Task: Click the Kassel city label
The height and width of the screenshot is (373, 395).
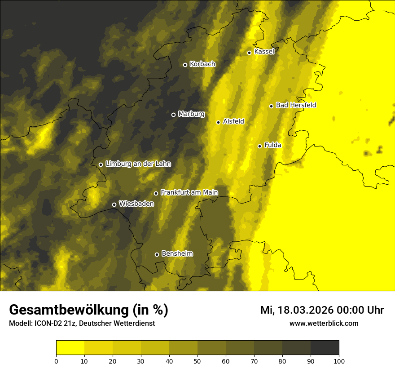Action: coord(264,52)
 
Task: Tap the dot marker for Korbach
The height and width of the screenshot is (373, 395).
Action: coord(185,65)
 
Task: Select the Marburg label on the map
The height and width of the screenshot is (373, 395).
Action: coord(191,114)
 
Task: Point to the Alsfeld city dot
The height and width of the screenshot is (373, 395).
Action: coord(218,122)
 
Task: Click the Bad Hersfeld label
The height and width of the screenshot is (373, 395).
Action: coord(296,105)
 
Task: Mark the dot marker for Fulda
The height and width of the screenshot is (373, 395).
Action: coord(259,146)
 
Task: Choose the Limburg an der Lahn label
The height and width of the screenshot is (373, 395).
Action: coord(138,164)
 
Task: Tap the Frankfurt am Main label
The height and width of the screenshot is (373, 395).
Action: coord(189,193)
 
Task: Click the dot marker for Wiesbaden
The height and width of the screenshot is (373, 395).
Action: coord(114,204)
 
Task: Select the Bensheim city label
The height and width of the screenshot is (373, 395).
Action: coord(177,253)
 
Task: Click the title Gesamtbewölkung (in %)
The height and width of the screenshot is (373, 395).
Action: coord(88,310)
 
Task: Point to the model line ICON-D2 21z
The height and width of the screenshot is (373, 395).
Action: coord(82,324)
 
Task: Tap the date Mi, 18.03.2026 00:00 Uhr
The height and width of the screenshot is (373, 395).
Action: coord(322,310)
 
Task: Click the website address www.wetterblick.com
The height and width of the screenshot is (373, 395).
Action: coord(324,324)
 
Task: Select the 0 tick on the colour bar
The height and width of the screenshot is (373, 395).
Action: coord(56,361)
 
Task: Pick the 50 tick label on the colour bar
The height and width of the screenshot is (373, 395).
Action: coord(197,361)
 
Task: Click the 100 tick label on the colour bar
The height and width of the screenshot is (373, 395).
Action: coord(339,361)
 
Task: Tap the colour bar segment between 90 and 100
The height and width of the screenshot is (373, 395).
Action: coord(325,347)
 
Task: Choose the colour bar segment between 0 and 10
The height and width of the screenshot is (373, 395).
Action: coord(70,347)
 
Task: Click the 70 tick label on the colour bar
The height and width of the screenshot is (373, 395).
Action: coord(254,361)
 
